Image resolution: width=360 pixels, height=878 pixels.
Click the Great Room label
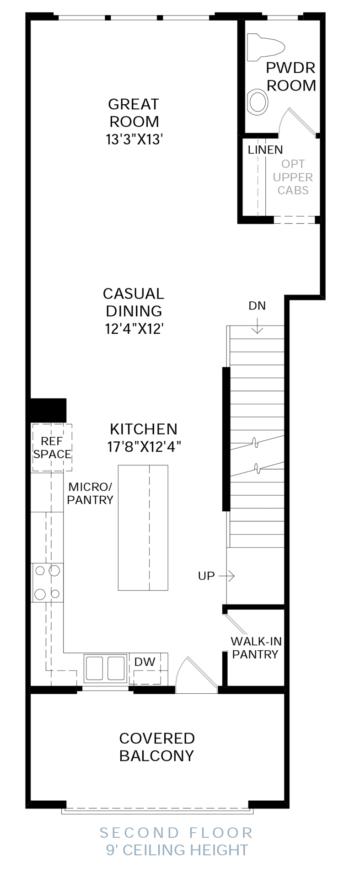tap(134, 113)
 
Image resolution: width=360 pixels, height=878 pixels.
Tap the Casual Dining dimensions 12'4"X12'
tap(134, 328)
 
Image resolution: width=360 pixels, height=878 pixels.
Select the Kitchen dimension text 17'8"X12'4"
tap(144, 446)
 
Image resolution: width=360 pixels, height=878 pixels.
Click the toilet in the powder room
tap(266, 47)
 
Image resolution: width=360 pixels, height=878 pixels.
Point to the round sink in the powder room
tap(258, 102)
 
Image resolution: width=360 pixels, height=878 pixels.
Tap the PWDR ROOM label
tap(291, 76)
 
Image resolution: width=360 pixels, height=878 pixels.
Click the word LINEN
tap(265, 150)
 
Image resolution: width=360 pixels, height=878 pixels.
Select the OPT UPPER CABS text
tap(293, 177)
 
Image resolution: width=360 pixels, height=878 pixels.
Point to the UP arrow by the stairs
tap(226, 576)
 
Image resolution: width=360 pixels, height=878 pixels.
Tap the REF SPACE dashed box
tap(52, 448)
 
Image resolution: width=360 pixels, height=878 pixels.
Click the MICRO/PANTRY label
tap(90, 493)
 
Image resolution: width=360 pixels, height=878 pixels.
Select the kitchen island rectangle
tap(143, 528)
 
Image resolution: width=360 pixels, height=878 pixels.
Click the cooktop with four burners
tap(48, 583)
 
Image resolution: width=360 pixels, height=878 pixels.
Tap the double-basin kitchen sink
tap(105, 669)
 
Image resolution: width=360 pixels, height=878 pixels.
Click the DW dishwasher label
tap(145, 662)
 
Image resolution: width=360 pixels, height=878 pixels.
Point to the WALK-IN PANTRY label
tap(256, 648)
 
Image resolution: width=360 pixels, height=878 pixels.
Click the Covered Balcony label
tap(157, 747)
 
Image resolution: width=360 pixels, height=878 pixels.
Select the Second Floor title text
tap(176, 832)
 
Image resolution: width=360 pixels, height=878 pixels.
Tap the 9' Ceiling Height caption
tap(177, 850)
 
